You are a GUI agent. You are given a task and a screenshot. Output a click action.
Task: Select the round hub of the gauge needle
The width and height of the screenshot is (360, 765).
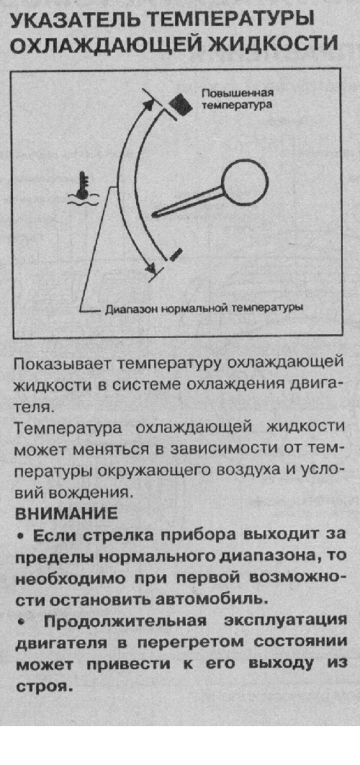click(245, 182)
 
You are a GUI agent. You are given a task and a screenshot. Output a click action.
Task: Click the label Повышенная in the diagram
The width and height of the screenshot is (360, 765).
click(238, 93)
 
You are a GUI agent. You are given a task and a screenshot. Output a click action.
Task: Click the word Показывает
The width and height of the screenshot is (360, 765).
click(62, 365)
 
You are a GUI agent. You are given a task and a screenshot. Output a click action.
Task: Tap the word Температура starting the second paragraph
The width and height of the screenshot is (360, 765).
click(71, 428)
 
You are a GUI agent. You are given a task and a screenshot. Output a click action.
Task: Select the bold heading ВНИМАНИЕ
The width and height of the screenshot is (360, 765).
click(66, 514)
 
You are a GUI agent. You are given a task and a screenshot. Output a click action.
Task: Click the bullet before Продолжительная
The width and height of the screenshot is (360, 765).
click(20, 622)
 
